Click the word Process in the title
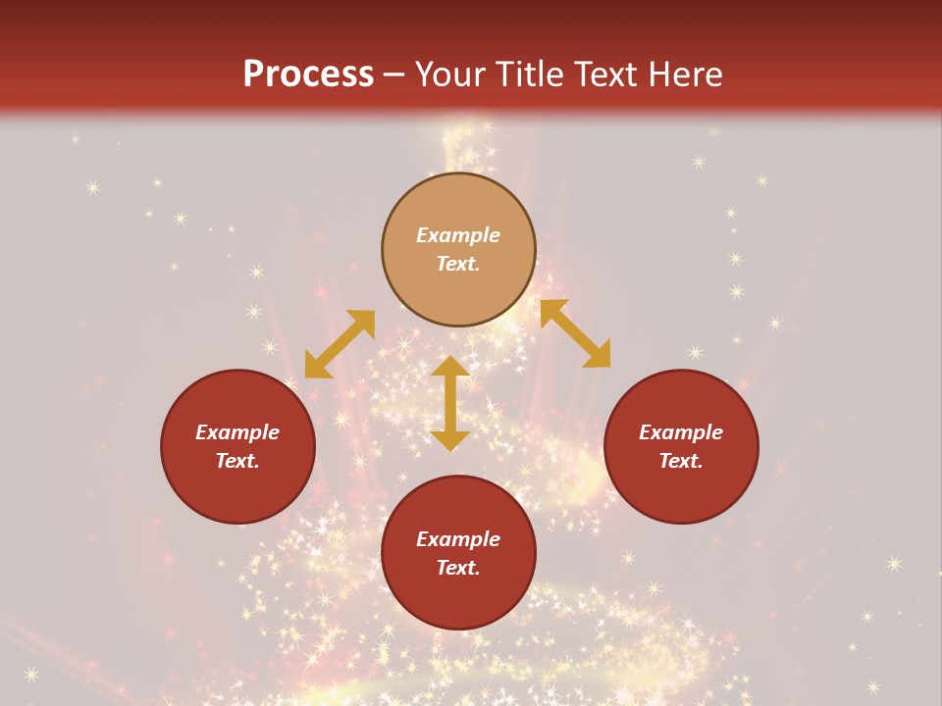point(308,75)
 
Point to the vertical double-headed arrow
point(450,403)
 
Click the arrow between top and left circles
point(340,344)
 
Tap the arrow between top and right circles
point(575,333)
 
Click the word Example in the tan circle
point(458,235)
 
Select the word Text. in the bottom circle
point(458,568)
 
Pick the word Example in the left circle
point(237,432)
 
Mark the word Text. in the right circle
point(681,461)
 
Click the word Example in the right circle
point(681,432)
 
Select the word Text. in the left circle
point(237,461)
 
